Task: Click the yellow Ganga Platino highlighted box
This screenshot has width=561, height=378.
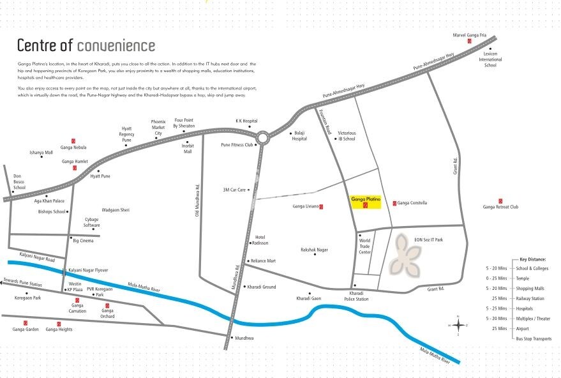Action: coord(366,202)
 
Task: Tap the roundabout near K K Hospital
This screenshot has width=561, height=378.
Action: coord(262,137)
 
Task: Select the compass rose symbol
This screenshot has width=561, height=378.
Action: coord(458,325)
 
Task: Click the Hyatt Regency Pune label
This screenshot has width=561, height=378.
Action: coord(127,135)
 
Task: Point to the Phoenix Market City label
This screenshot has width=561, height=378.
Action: coord(158,127)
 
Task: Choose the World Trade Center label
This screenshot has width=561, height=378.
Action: coord(365,246)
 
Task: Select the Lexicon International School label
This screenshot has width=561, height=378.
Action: coord(490,59)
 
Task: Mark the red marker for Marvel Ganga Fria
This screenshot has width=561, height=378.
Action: coord(469,41)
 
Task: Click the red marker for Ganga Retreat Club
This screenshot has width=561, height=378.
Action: coord(500,201)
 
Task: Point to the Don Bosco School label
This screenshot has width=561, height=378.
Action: coord(18,182)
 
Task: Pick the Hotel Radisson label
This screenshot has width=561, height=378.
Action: coord(260,240)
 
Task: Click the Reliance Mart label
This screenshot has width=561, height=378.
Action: coord(263,261)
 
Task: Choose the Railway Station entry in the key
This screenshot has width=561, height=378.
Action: coord(532,298)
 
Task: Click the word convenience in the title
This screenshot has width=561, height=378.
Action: coord(116,45)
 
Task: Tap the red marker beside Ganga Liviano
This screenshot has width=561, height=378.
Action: coord(321,206)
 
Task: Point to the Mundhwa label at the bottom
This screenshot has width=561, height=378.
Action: coord(244,337)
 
